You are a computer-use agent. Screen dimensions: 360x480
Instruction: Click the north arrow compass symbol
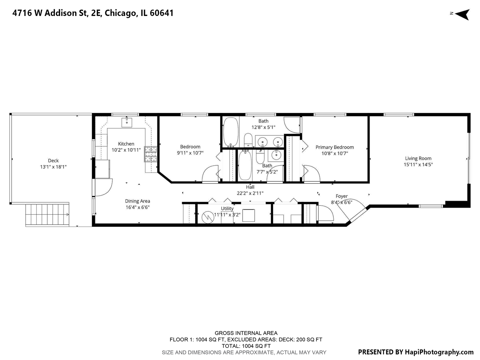point(462,14)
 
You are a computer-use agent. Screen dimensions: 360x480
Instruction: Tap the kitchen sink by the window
point(127,122)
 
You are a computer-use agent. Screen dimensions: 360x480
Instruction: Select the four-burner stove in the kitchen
point(151,154)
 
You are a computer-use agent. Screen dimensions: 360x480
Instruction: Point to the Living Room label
point(418,158)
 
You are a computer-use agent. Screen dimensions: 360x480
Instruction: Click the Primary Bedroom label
point(335,147)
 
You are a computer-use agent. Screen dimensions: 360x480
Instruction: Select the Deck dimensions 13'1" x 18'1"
point(53,167)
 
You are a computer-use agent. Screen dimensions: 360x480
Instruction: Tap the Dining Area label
point(137,201)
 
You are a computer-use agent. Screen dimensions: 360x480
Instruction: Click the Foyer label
point(342,196)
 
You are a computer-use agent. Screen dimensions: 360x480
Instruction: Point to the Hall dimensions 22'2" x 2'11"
point(250,193)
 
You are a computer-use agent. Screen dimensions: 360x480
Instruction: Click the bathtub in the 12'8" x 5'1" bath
point(230,132)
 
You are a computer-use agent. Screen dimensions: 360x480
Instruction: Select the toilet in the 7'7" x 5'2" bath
point(260,157)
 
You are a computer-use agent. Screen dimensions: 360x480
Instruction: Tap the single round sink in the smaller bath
point(276,155)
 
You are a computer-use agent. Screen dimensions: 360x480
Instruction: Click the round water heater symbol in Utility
point(208,217)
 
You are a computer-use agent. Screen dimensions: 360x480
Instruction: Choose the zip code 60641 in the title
point(162,13)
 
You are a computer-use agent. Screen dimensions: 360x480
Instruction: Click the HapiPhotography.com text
point(439,352)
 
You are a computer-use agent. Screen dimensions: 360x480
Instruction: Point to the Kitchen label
point(126,144)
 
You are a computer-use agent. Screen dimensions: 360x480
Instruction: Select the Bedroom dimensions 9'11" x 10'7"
point(190,153)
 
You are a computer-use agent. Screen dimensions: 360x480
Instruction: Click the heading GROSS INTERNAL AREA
point(246,333)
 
